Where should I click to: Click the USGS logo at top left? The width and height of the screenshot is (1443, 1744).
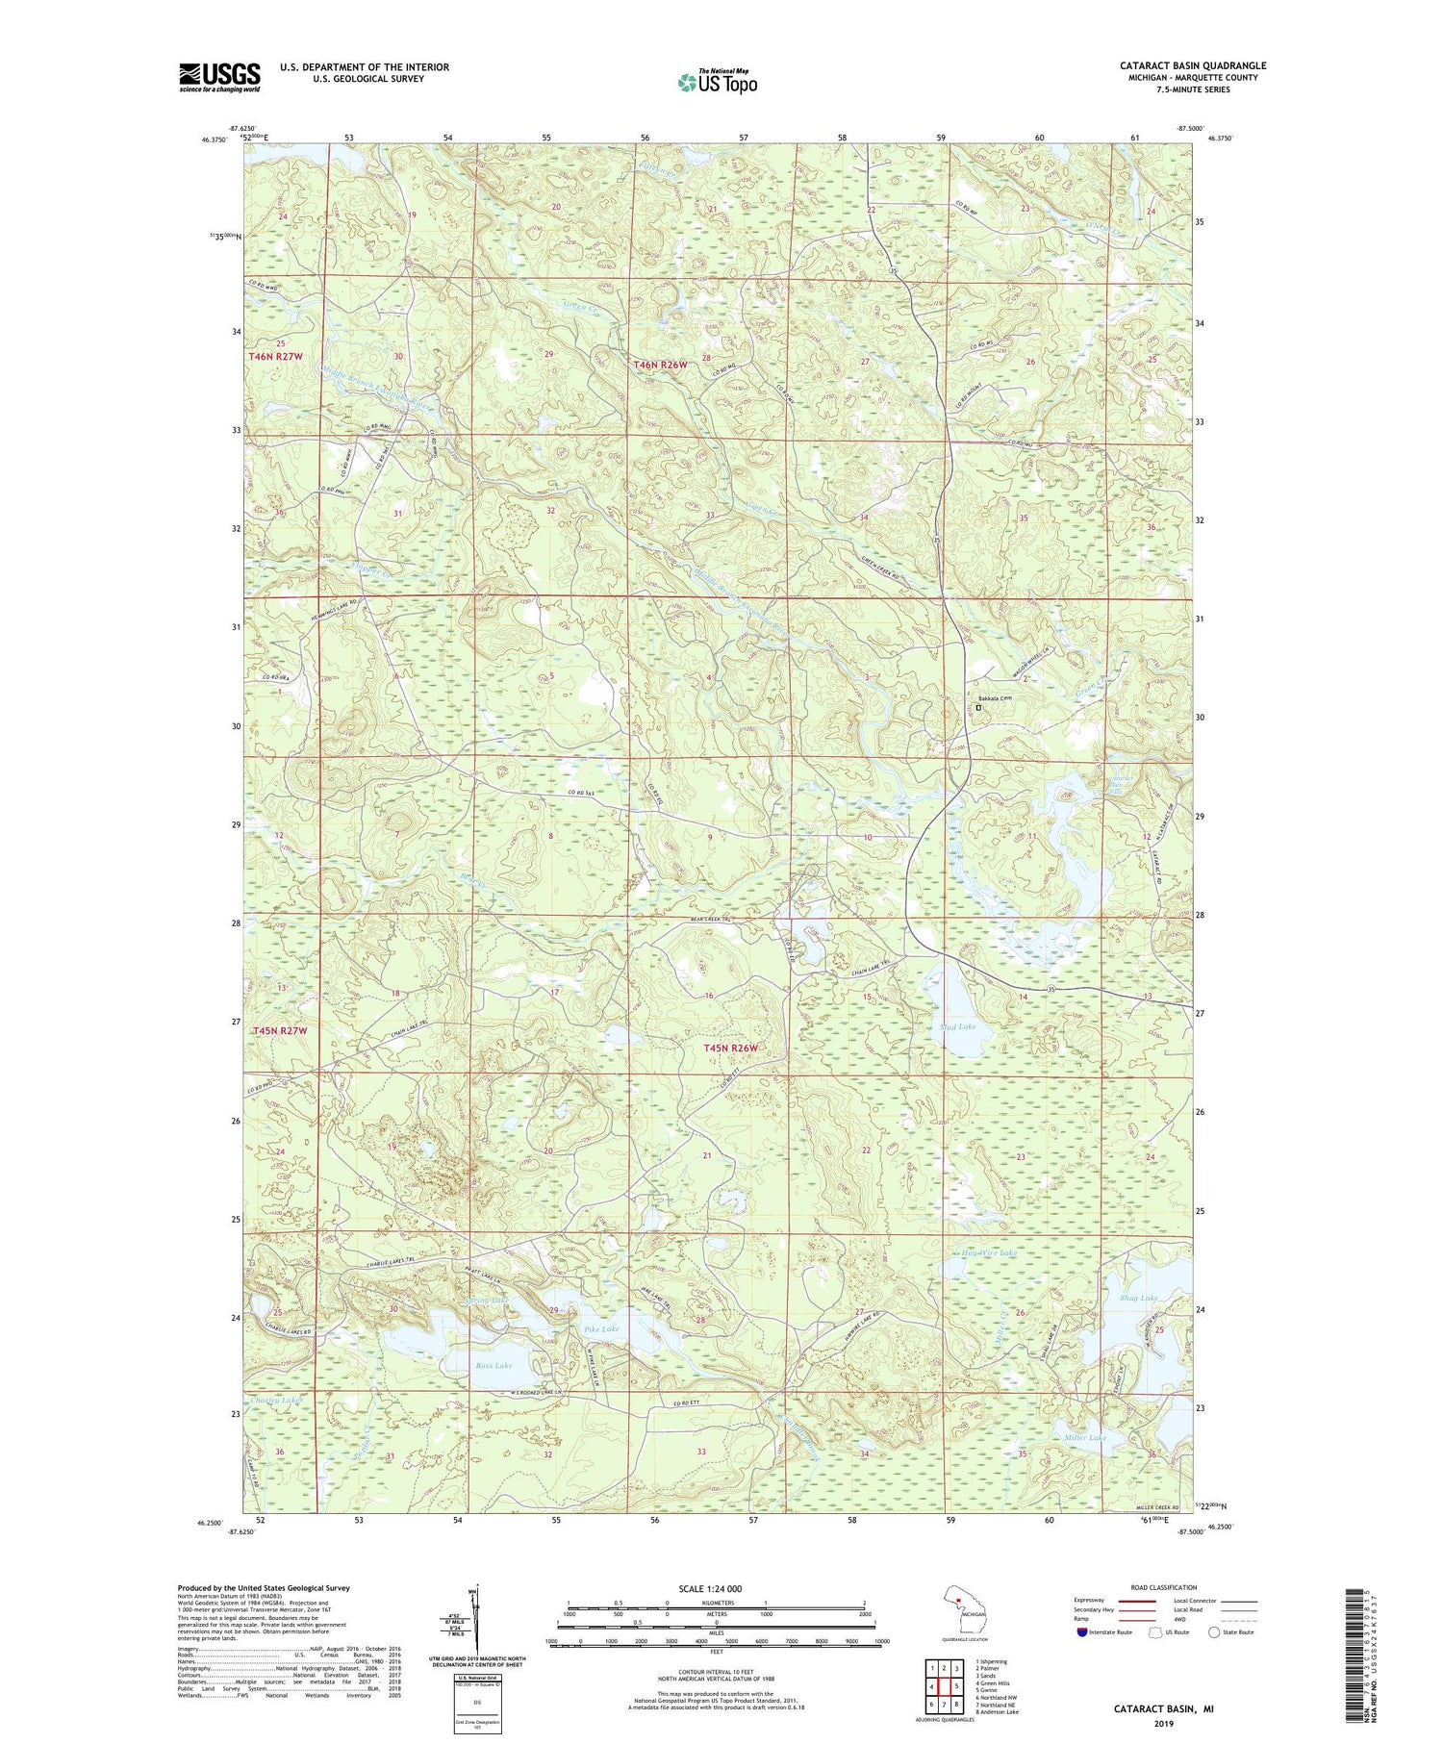(219, 77)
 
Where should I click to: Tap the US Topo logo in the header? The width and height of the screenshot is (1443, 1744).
(717, 83)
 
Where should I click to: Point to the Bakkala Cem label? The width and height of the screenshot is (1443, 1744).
(995, 698)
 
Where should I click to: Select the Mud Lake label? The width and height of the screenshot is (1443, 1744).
(957, 1026)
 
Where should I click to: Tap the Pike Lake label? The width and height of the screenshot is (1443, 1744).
(602, 1328)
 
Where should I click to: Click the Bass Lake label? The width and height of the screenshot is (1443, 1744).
(494, 1365)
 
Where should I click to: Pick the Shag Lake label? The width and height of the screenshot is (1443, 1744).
(1140, 1298)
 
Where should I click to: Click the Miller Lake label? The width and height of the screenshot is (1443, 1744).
(1085, 1437)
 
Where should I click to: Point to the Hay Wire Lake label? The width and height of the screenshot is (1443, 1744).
(989, 1253)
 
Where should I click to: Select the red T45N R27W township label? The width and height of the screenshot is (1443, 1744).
(280, 1031)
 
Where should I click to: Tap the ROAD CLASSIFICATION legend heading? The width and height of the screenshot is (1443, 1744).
(1164, 1587)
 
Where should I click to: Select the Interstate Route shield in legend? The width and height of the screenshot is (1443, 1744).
(1083, 1632)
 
